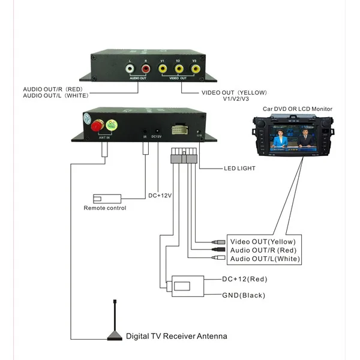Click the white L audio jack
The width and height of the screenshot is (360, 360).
click(x=131, y=69)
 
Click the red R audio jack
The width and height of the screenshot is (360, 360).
click(x=146, y=69)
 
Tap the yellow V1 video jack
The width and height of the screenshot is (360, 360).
click(x=163, y=70)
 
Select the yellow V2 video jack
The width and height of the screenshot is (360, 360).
click(x=179, y=70)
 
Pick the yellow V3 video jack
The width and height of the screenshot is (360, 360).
click(x=195, y=70)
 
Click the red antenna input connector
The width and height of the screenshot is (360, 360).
click(x=95, y=126)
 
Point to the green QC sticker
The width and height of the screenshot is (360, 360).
click(x=112, y=125)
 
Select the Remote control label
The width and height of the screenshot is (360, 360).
click(x=105, y=208)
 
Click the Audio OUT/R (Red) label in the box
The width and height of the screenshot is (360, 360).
click(x=262, y=250)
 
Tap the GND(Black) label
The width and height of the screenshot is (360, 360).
click(x=243, y=295)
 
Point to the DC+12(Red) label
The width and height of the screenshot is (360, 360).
click(x=244, y=279)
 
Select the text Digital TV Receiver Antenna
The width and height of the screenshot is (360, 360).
click(x=176, y=336)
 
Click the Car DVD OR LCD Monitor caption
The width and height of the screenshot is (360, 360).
click(x=298, y=109)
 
